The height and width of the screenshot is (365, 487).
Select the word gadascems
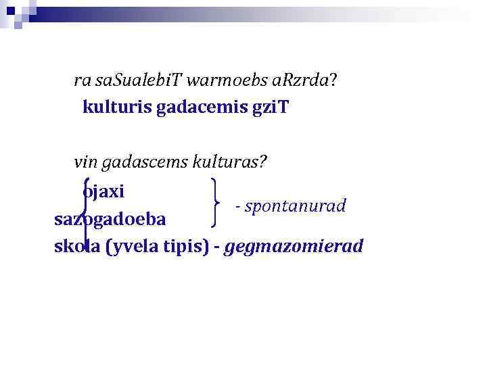pyautogui.click(x=142, y=162)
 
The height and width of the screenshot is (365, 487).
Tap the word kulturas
pyautogui.click(x=230, y=162)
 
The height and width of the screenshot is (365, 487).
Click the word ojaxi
pyautogui.click(x=103, y=191)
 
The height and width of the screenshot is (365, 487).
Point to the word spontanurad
pyautogui.click(x=294, y=205)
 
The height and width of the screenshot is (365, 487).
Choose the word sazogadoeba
pyautogui.click(x=114, y=220)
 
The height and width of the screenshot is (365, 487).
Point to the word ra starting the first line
pyautogui.click(x=83, y=82)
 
